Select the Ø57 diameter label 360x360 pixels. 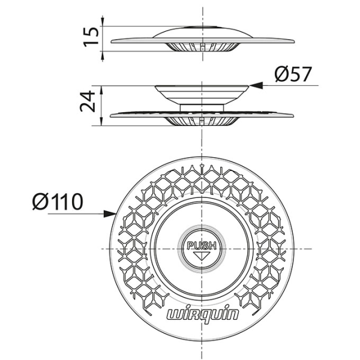(293, 75)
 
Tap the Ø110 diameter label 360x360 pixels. (58, 201)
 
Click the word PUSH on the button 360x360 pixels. (202, 245)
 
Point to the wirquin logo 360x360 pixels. (202, 314)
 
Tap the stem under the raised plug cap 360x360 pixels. (202, 106)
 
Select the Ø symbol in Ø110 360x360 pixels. (40, 201)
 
